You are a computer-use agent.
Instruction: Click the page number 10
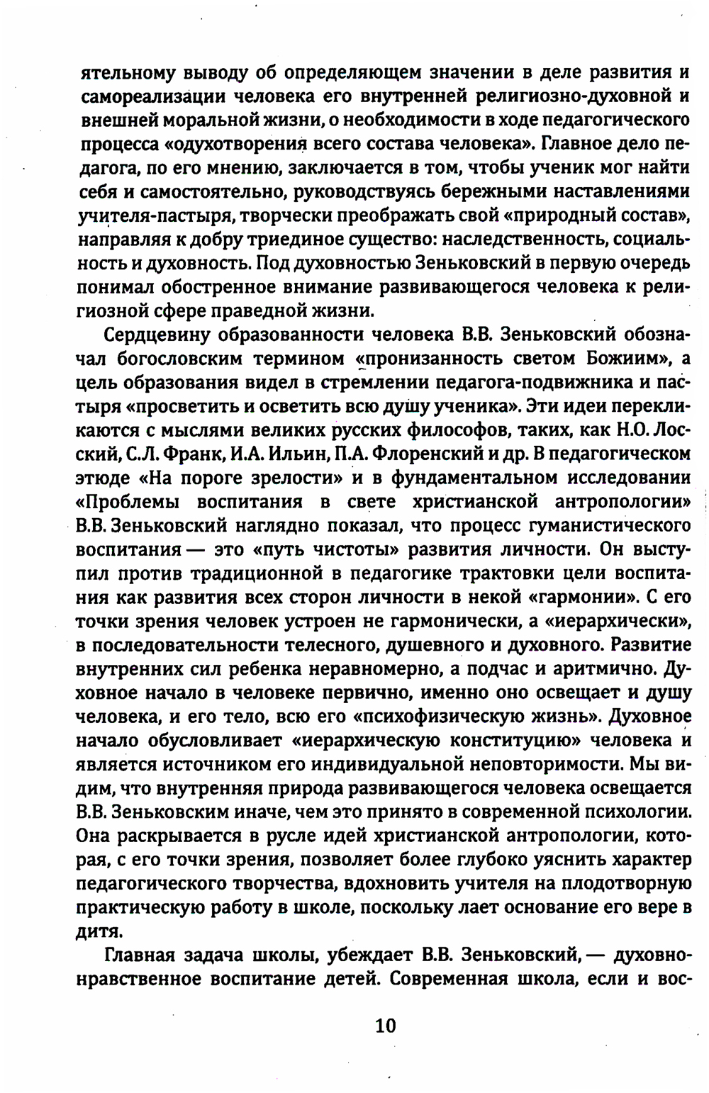click(385, 1025)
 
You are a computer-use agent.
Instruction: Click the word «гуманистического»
click(607, 526)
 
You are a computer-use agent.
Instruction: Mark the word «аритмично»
click(600, 669)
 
